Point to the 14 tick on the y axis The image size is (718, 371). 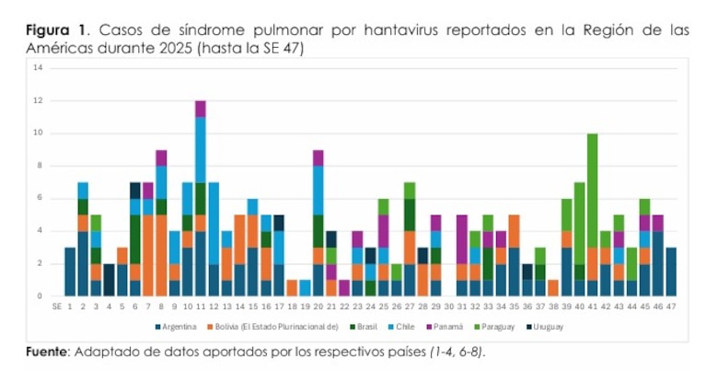(x=37, y=68)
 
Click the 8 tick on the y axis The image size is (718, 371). (x=39, y=166)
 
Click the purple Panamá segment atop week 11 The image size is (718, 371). (x=200, y=109)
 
